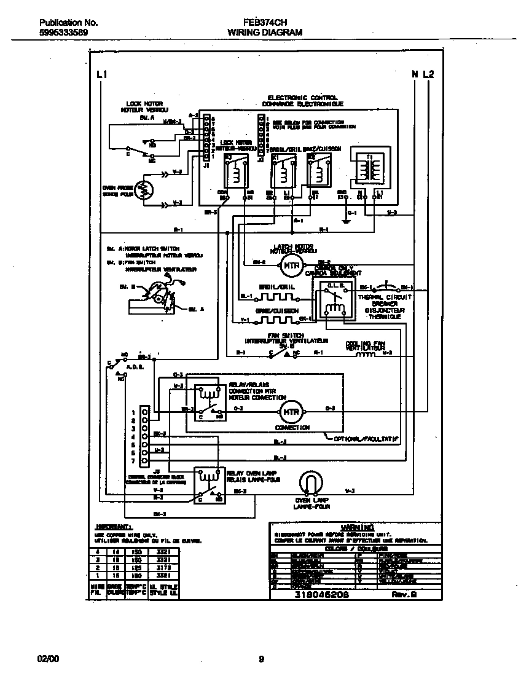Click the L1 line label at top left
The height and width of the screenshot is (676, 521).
[x=102, y=74]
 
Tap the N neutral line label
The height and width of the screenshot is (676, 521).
[x=415, y=74]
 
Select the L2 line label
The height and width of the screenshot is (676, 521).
[x=428, y=74]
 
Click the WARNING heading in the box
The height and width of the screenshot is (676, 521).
[x=357, y=527]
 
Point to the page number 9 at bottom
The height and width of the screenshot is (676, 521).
[x=261, y=659]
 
